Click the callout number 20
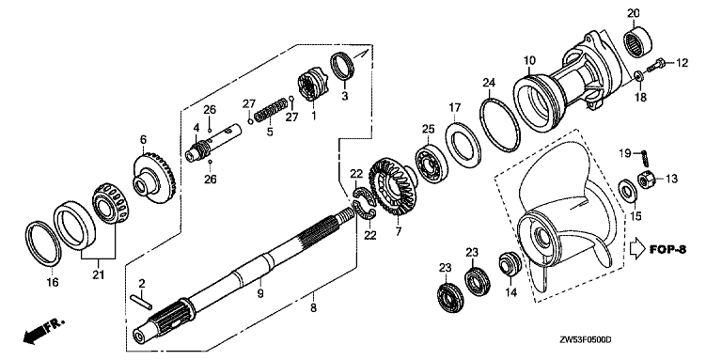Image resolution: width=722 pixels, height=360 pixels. pos(634,12)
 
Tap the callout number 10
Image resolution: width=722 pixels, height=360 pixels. pos(529,58)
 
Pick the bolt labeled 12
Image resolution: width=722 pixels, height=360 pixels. pos(658,64)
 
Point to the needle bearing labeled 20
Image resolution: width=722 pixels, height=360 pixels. pos(641,41)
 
